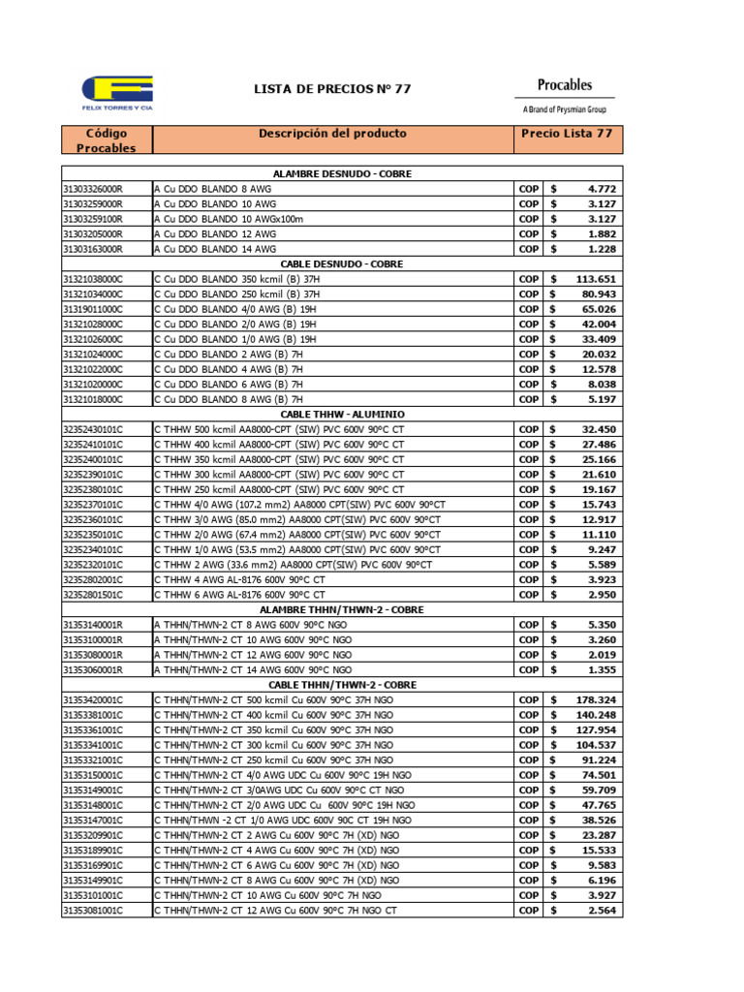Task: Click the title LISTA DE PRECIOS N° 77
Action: [331, 89]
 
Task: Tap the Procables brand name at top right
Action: [564, 85]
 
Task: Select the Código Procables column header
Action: [106, 140]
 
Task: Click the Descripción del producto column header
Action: [332, 134]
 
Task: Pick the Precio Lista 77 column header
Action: [567, 134]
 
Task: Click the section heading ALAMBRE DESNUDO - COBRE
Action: [342, 174]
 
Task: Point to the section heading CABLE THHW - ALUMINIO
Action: [342, 414]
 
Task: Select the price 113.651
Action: [596, 279]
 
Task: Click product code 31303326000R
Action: [93, 189]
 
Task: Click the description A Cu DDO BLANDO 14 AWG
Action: [214, 249]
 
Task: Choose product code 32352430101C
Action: [93, 429]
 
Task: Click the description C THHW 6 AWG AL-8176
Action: [239, 594]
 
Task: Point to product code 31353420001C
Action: [93, 699]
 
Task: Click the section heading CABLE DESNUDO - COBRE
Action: [342, 263]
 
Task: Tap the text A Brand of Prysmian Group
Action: [564, 110]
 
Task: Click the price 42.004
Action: [598, 324]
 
